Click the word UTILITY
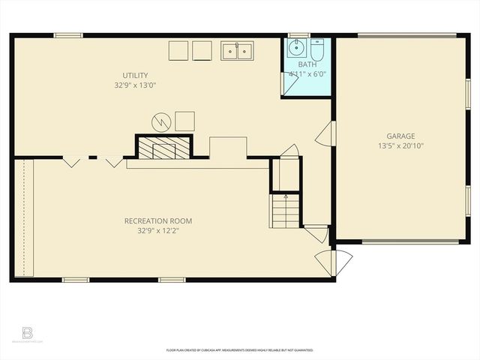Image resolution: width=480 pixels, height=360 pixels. pyautogui.click(x=136, y=75)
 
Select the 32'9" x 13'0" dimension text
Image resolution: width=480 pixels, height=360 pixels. pyautogui.click(x=136, y=85)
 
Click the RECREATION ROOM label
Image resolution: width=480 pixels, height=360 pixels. pyautogui.click(x=158, y=221)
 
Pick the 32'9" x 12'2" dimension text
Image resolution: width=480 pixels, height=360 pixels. pyautogui.click(x=158, y=231)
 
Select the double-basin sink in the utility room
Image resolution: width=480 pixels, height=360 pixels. pyautogui.click(x=237, y=50)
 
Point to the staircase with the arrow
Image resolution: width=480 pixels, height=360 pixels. pyautogui.click(x=286, y=210)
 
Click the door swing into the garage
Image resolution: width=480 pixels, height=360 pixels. pyautogui.click(x=322, y=135)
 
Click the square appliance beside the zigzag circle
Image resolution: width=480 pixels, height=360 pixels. pyautogui.click(x=184, y=120)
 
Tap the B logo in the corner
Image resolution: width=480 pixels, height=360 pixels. pyautogui.click(x=28, y=332)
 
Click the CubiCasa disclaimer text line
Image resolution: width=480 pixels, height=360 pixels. pyautogui.click(x=240, y=350)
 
